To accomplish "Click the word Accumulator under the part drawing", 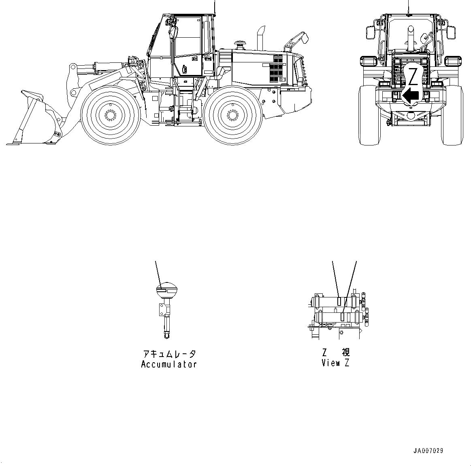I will [x=169, y=364].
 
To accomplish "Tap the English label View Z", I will [x=335, y=363].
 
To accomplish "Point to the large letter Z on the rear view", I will [x=412, y=76].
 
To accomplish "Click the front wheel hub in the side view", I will [x=110, y=115].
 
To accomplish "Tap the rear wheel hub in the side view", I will [x=233, y=115].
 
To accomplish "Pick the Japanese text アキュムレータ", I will [x=169, y=354].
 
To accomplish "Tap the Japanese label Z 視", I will [x=336, y=352].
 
